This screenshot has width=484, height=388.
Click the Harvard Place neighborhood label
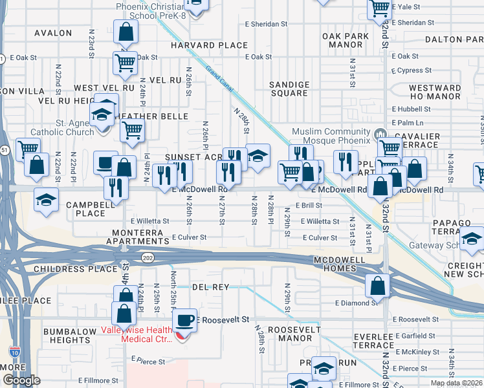[209, 45]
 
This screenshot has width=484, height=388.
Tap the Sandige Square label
[289, 89]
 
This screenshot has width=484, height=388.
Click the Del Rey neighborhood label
[207, 286]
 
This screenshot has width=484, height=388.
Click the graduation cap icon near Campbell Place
[47, 198]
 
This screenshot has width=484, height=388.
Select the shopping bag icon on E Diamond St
[377, 285]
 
